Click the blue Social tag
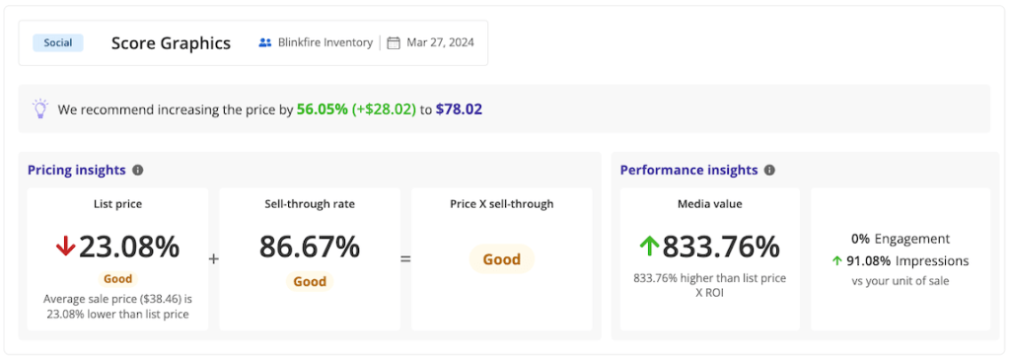[x=58, y=42]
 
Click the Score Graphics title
[x=171, y=43]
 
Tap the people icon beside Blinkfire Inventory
[x=264, y=43]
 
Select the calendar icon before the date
[x=394, y=43]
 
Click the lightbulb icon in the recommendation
[x=39, y=108]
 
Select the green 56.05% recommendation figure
[x=322, y=109]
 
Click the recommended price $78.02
[x=459, y=109]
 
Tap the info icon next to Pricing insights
[x=138, y=170]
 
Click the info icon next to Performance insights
[x=769, y=170]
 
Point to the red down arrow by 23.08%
[x=65, y=247]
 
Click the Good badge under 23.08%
[x=117, y=279]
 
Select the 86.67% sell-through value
[x=310, y=247]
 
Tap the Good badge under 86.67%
[x=310, y=281]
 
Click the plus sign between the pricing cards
[x=214, y=259]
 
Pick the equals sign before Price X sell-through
[x=405, y=259]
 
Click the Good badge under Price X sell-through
[x=501, y=259]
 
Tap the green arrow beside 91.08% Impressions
[x=837, y=261]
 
